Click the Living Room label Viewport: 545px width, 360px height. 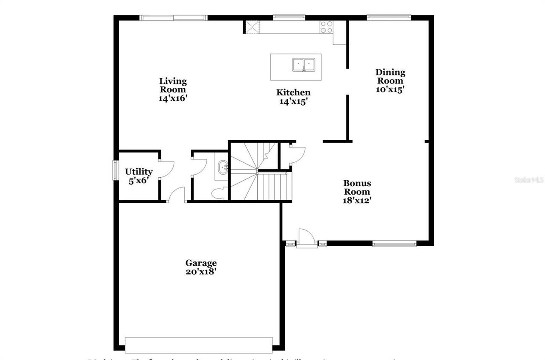[173, 85]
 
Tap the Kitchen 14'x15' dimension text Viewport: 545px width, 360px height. [293, 102]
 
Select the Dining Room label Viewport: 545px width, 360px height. [390, 76]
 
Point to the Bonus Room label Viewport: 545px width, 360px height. [357, 187]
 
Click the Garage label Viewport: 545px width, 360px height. [201, 263]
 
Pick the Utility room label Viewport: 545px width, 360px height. [138, 172]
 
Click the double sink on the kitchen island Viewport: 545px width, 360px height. [304, 65]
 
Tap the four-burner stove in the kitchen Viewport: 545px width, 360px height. [327, 27]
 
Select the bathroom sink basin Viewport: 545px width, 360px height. [223, 167]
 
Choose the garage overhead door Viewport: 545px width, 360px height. [198, 345]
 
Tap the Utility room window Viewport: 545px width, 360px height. [115, 170]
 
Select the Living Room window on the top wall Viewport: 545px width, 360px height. [174, 18]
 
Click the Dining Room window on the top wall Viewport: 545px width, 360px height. [389, 17]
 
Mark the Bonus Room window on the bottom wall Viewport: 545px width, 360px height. [394, 244]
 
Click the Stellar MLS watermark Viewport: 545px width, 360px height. [529, 180]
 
